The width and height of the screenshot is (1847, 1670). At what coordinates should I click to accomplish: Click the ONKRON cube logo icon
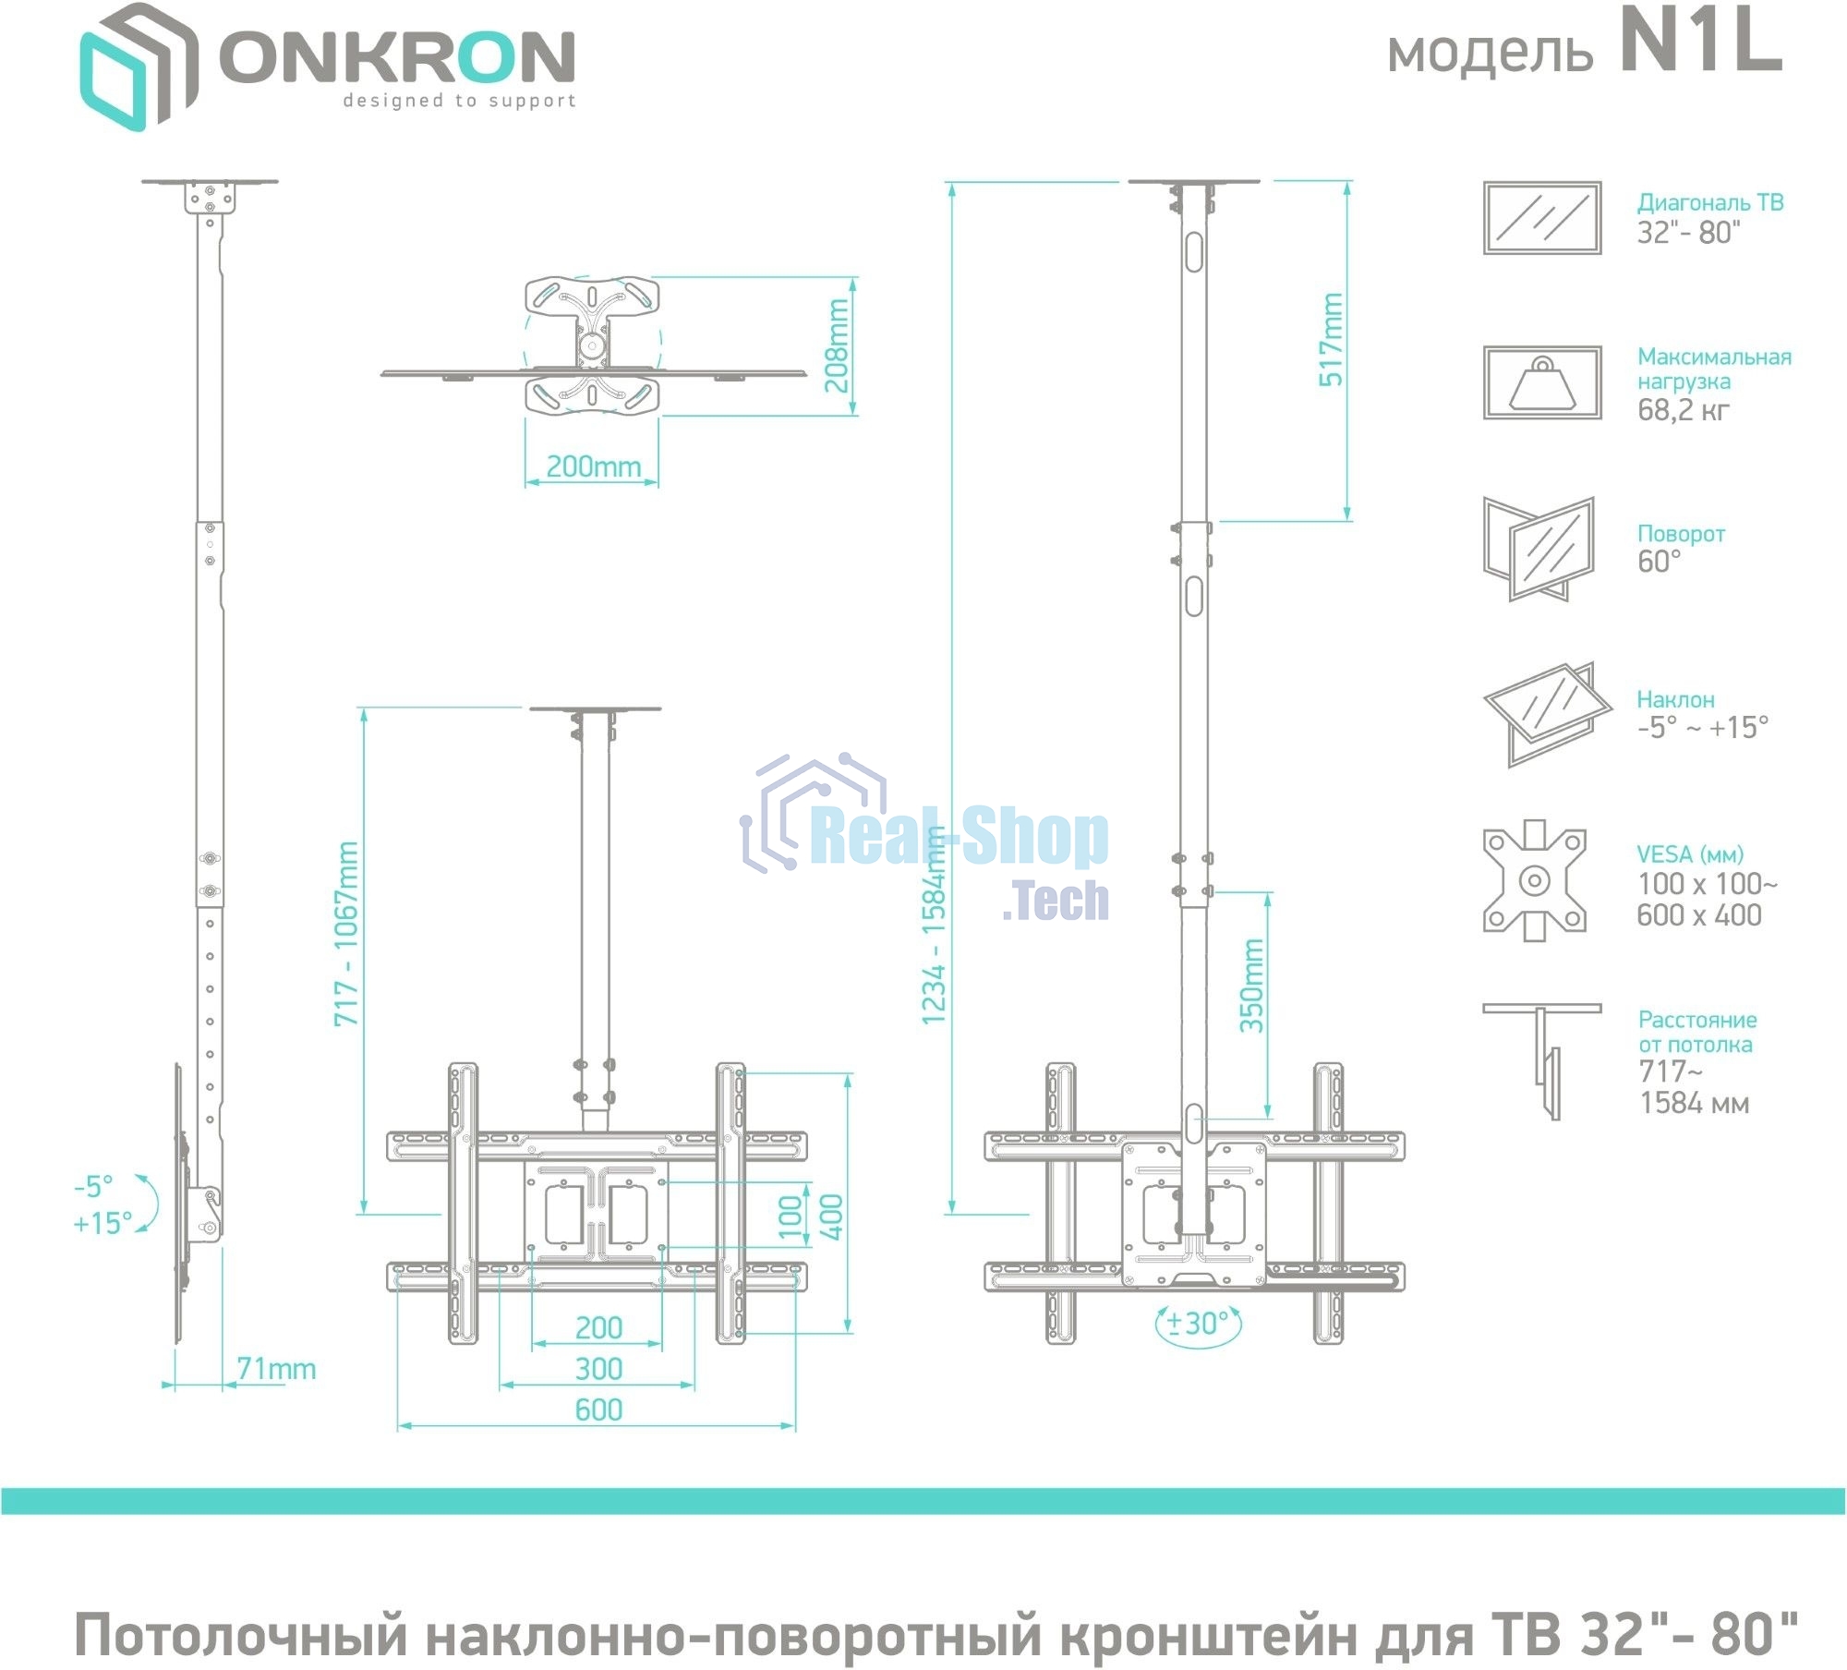pyautogui.click(x=139, y=67)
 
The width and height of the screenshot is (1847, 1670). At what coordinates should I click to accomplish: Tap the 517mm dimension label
pyautogui.click(x=1331, y=339)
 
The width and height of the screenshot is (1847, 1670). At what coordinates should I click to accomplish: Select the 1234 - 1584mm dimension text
pyautogui.click(x=935, y=925)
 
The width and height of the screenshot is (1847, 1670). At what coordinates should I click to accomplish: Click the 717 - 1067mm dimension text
pyautogui.click(x=346, y=933)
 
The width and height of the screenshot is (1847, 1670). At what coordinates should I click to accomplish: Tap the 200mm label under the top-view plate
pyautogui.click(x=593, y=466)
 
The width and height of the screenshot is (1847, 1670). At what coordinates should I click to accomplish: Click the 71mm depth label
pyautogui.click(x=276, y=1369)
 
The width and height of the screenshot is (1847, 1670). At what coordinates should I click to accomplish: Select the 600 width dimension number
pyautogui.click(x=598, y=1410)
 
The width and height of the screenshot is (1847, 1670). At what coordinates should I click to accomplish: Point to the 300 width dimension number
pyautogui.click(x=598, y=1369)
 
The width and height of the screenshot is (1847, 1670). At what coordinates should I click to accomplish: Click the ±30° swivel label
pyautogui.click(x=1198, y=1324)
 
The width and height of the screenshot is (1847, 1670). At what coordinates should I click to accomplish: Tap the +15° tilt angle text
pyautogui.click(x=103, y=1223)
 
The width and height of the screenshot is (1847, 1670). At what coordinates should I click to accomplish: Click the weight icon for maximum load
pyautogui.click(x=1541, y=382)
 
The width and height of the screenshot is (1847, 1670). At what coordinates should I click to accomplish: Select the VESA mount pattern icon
pyautogui.click(x=1534, y=880)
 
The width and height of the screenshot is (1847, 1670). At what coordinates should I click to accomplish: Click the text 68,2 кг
pyautogui.click(x=1683, y=409)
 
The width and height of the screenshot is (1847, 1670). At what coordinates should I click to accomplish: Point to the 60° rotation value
pyautogui.click(x=1659, y=561)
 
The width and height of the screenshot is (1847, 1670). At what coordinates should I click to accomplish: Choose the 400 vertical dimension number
pyautogui.click(x=831, y=1216)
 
